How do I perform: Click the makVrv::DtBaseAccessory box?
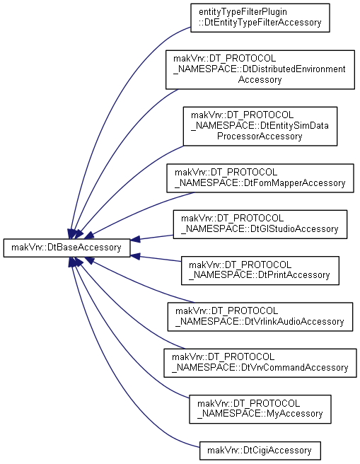coord(67,248)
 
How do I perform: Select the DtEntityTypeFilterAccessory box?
coord(260,18)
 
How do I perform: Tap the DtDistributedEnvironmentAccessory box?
coord(260,69)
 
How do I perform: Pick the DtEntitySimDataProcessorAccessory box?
coord(260,127)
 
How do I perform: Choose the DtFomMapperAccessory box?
coord(260,178)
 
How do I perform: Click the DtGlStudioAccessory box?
coord(260,224)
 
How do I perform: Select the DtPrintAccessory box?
coord(260,271)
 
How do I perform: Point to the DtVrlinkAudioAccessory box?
coord(260,317)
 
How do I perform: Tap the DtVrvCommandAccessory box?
coord(260,363)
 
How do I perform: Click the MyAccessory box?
coord(260,409)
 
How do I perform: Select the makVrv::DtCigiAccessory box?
coord(260,451)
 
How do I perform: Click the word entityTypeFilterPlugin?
coord(243,12)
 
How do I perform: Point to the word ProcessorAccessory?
coord(260,136)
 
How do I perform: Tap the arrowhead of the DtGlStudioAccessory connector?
coord(135,239)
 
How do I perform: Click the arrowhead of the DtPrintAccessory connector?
coord(135,256)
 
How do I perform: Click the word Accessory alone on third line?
coord(260,80)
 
